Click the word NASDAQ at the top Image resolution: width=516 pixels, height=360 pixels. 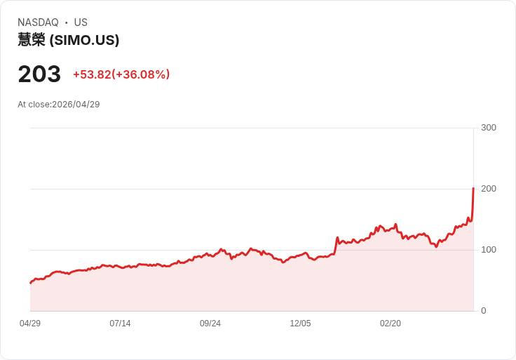tap(38, 22)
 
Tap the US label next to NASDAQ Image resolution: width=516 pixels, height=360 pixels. tap(81, 22)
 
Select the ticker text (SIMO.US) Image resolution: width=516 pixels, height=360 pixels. tap(84, 40)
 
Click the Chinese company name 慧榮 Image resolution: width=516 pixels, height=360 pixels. tap(32, 40)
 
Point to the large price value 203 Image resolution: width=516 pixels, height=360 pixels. tap(39, 74)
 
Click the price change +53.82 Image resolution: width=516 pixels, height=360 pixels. tap(92, 74)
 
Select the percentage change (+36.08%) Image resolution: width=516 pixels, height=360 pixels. tap(141, 74)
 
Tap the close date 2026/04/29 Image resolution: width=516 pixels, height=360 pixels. tap(76, 105)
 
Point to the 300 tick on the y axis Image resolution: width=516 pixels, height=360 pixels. tap(489, 128)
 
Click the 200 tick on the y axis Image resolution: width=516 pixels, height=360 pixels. tap(489, 189)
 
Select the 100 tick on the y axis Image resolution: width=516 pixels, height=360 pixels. tap(489, 250)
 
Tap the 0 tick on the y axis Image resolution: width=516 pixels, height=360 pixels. tap(484, 311)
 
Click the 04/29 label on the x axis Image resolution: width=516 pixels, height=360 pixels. tap(30, 323)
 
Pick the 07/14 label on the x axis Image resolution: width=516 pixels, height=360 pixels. tap(120, 323)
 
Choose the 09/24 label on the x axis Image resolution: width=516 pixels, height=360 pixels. tap(210, 323)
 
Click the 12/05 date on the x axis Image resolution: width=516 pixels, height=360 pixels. tap(301, 323)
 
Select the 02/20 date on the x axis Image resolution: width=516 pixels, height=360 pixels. tap(391, 323)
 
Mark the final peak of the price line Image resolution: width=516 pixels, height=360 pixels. tap(473, 188)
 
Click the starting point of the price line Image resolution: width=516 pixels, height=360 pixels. tap(31, 283)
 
